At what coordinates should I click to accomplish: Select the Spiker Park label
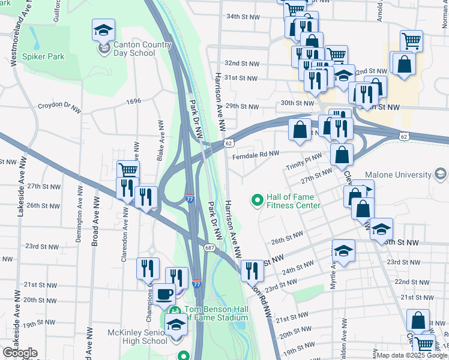(43, 56)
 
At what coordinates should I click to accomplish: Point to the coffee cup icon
(164, 295)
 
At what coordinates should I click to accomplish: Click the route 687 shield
(209, 247)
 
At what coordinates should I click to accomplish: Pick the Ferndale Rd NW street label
(256, 154)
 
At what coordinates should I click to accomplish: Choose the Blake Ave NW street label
(160, 140)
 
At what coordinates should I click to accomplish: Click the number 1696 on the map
(133, 101)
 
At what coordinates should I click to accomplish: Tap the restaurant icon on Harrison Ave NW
(252, 271)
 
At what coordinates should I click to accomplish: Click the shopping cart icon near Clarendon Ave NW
(128, 170)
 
